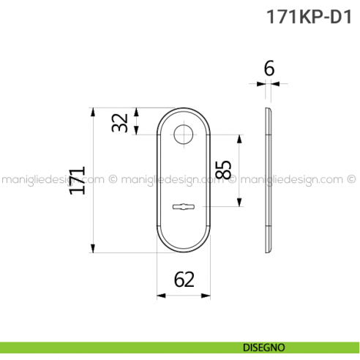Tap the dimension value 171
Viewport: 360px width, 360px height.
point(77,180)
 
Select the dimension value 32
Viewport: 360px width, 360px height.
point(120,121)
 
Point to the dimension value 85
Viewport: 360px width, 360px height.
point(223,170)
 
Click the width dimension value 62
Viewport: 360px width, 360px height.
point(184,279)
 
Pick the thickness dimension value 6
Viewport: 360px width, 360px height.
point(269,70)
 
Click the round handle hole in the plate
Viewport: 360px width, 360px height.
point(183,134)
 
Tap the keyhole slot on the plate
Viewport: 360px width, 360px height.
point(183,208)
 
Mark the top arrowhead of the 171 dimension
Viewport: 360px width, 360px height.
point(93,112)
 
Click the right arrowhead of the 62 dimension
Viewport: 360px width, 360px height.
point(208,296)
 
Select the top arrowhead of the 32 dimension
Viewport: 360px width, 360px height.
point(137,112)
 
